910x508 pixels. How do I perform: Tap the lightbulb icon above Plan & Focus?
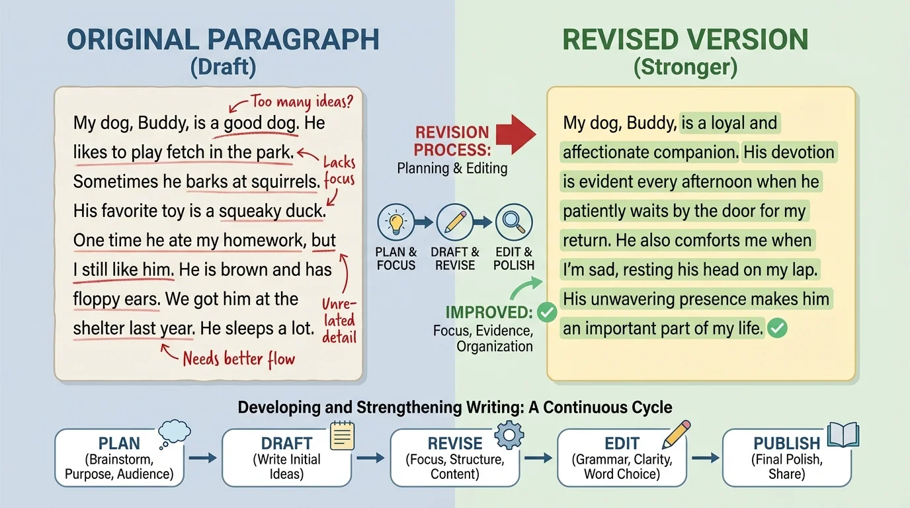click(395, 222)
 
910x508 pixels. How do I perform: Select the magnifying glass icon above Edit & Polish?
click(513, 222)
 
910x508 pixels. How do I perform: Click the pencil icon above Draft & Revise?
click(454, 222)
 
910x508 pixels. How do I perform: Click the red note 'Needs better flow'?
click(238, 359)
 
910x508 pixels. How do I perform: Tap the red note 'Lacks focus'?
click(339, 171)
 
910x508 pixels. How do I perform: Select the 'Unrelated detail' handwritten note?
click(339, 321)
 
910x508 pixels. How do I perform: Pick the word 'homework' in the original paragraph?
click(263, 240)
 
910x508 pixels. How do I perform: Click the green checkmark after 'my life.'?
click(778, 327)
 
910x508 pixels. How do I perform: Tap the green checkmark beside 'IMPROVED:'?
click(546, 312)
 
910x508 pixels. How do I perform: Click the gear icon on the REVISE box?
click(509, 435)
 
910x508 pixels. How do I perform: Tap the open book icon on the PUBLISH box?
click(843, 435)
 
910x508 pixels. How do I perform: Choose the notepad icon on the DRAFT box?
click(341, 436)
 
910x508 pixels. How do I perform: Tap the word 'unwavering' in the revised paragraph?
click(636, 298)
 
